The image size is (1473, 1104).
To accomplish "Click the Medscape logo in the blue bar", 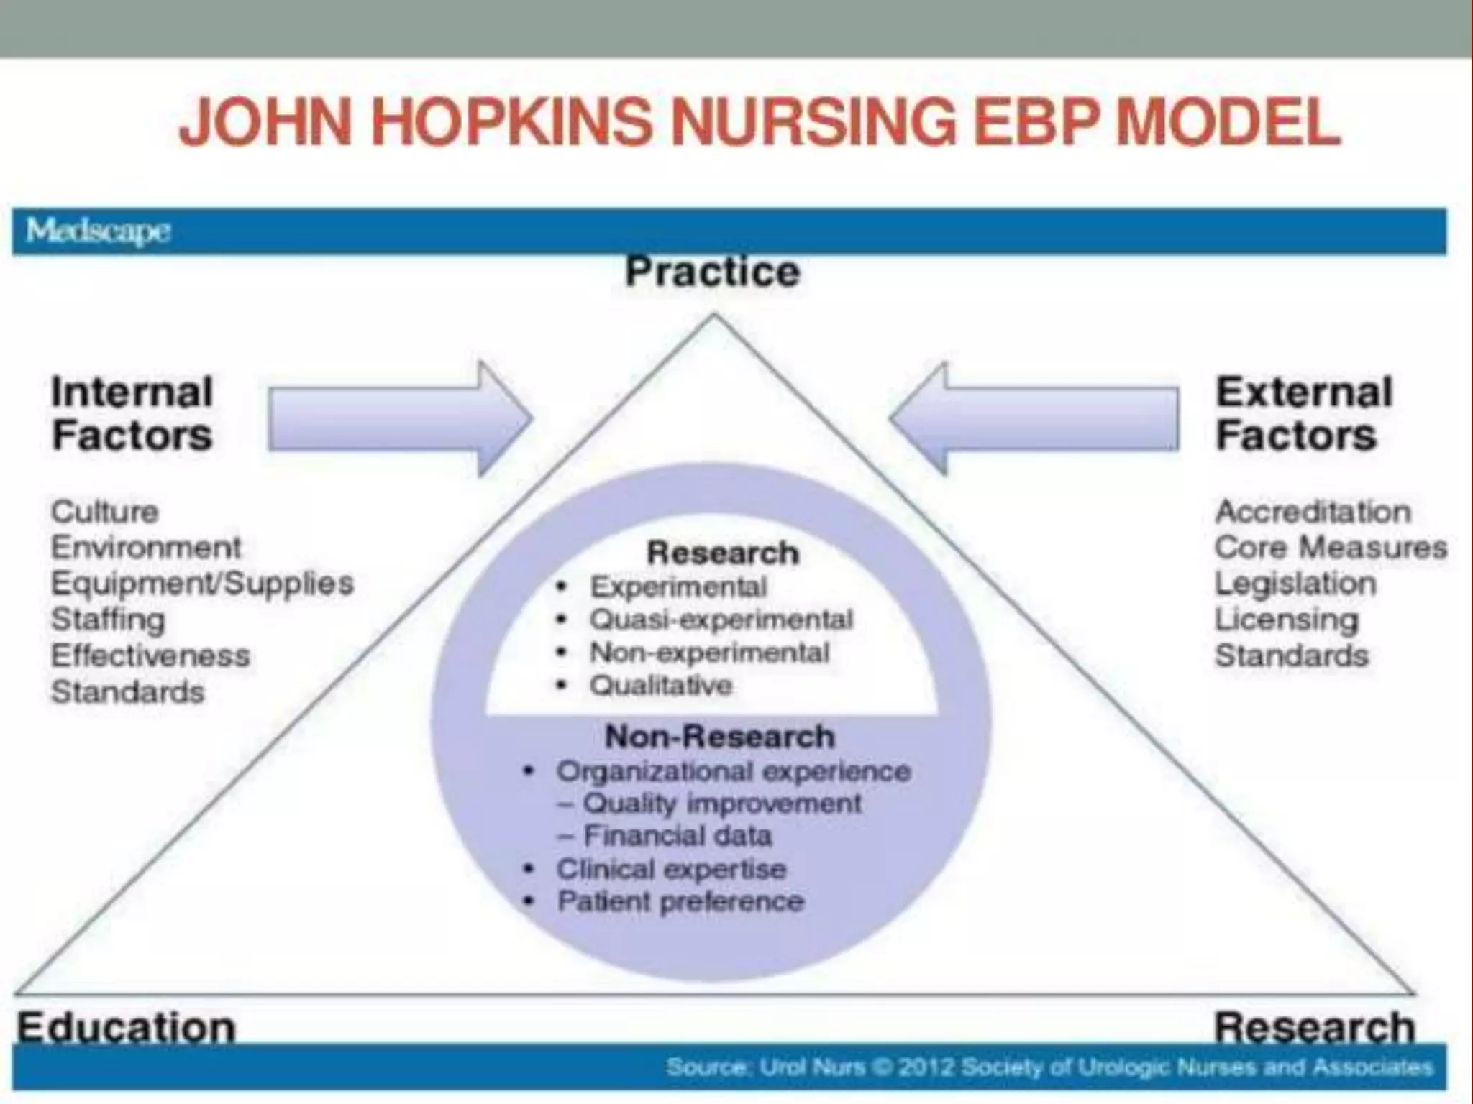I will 98,231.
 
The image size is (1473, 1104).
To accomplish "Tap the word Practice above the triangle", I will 712,272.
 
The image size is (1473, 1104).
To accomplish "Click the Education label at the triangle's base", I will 127,1027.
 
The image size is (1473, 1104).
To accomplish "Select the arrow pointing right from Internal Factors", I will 400,418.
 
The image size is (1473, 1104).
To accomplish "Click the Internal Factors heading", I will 132,414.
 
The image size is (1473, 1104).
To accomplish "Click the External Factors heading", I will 1304,414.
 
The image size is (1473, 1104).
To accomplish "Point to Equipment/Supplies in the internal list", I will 202,583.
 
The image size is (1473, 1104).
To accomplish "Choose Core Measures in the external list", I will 1331,548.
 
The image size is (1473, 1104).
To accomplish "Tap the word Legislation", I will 1295,583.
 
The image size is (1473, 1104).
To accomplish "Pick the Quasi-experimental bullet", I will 721,620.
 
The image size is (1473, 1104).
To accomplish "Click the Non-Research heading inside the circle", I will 720,737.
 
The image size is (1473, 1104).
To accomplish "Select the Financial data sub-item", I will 677,836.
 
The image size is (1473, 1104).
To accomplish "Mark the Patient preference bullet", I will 680,901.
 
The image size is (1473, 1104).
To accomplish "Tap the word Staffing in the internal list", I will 108,620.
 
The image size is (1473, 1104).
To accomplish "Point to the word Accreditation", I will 1313,512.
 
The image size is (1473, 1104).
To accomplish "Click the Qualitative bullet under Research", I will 660,686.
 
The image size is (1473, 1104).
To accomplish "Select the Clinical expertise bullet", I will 671,869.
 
